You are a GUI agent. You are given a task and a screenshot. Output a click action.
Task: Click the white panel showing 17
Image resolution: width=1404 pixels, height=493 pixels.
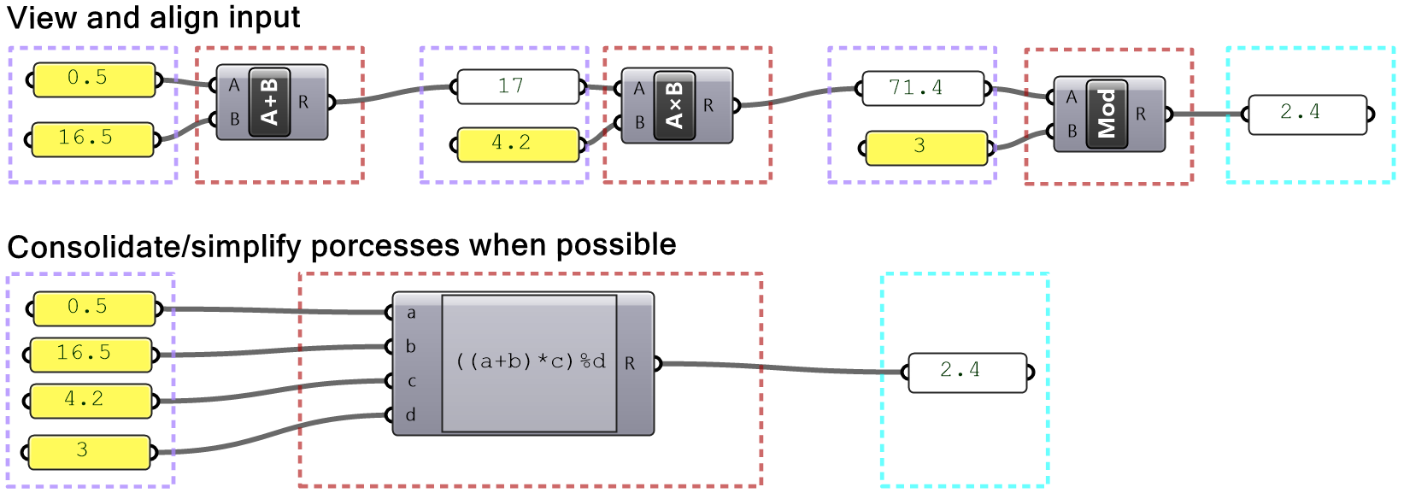pyautogui.click(x=518, y=87)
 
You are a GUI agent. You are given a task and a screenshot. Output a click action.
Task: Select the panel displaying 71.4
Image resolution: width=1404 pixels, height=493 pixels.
pyautogui.click(x=923, y=88)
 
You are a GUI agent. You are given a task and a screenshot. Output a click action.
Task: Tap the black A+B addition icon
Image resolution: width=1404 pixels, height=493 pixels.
pyautogui.click(x=270, y=102)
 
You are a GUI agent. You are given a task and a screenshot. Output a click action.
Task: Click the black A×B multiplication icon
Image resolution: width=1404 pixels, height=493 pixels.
pyautogui.click(x=674, y=106)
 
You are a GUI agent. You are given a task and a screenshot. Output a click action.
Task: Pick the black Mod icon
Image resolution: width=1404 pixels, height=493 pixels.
pyautogui.click(x=1107, y=114)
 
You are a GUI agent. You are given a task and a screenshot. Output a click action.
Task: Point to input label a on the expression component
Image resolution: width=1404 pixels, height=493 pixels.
pyautogui.click(x=411, y=314)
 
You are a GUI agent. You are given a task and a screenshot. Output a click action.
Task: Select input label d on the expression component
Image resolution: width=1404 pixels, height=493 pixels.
pyautogui.click(x=411, y=415)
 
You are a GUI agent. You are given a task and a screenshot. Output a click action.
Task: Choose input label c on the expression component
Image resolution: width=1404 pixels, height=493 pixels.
pyautogui.click(x=411, y=381)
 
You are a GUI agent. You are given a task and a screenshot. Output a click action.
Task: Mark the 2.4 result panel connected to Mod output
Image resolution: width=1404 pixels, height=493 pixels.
pyautogui.click(x=1307, y=114)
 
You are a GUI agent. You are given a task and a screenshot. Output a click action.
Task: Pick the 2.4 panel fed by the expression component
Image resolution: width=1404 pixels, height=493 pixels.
pyautogui.click(x=967, y=372)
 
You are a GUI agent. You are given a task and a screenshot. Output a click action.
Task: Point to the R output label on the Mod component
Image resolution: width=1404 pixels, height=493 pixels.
pyautogui.click(x=1140, y=114)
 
